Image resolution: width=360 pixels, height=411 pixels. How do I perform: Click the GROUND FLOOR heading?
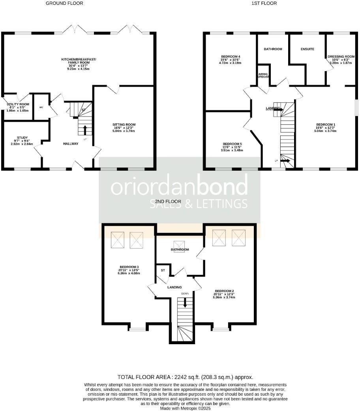click(x=64, y=3)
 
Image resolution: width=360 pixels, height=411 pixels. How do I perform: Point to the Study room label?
click(x=22, y=138)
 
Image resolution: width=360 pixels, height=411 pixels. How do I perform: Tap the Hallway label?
click(x=71, y=143)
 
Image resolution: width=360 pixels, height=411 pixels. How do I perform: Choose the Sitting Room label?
click(x=124, y=125)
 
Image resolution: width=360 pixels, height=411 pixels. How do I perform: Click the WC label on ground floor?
click(x=41, y=107)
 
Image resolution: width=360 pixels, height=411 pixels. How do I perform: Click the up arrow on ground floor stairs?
click(x=85, y=129)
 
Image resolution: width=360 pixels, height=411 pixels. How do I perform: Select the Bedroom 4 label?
click(x=230, y=57)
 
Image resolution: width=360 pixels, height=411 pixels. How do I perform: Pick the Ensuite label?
click(x=307, y=49)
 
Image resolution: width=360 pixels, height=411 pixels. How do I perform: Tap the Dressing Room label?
click(x=341, y=57)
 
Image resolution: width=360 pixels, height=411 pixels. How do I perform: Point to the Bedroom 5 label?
click(x=232, y=144)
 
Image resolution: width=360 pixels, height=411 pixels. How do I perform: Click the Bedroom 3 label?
click(x=129, y=267)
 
